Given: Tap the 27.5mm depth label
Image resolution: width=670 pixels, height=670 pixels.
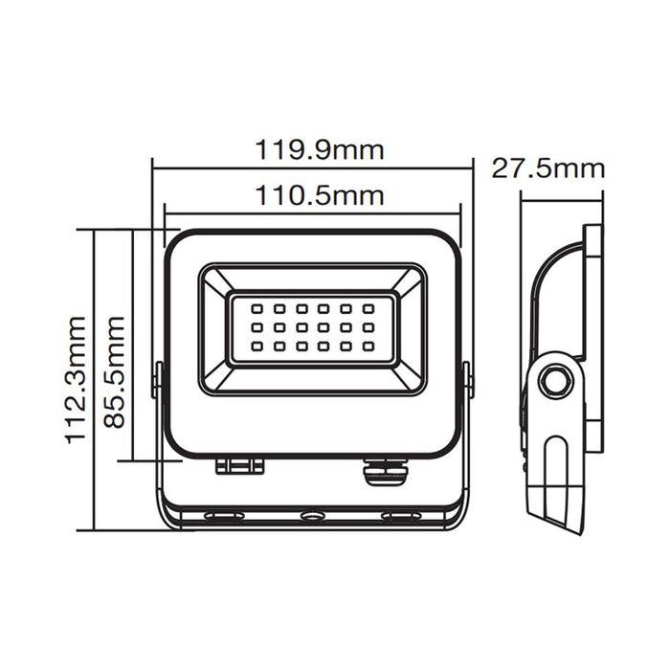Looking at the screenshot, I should tap(547, 169).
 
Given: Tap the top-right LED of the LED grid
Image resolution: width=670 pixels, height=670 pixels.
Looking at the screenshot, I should tap(368, 309).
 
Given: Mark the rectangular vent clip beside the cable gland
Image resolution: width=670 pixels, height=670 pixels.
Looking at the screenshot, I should tap(239, 465).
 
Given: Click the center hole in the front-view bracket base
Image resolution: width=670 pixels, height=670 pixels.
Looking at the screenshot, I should tap(312, 517).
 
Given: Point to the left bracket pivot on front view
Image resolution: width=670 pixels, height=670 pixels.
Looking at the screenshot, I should tap(158, 378).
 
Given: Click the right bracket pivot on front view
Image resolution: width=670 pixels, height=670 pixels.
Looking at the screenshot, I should tap(467, 378).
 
